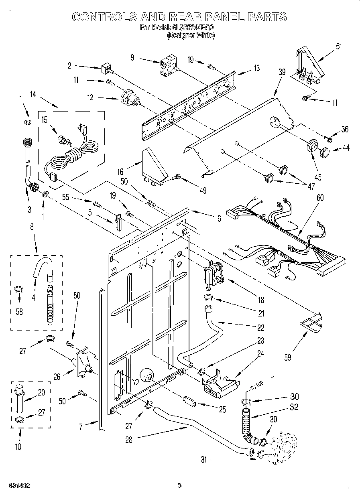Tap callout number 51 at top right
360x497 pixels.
click(340, 46)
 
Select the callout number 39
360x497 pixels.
click(282, 72)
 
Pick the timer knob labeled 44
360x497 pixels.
click(324, 151)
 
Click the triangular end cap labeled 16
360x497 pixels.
click(155, 166)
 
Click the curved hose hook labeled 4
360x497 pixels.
click(42, 267)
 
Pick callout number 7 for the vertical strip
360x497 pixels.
click(81, 426)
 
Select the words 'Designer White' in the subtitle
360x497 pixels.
click(191, 35)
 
